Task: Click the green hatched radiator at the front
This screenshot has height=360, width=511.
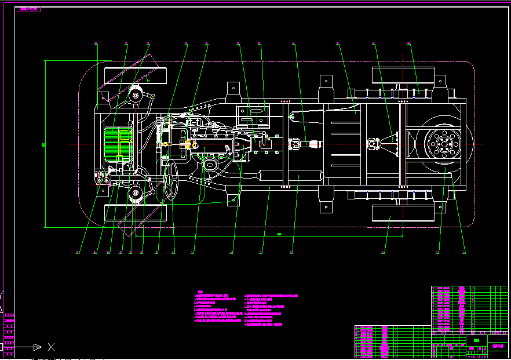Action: tap(118, 144)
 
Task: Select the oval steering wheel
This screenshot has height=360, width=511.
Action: tap(172, 181)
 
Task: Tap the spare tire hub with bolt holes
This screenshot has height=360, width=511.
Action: tap(444, 143)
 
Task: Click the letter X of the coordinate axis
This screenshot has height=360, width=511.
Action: tap(51, 347)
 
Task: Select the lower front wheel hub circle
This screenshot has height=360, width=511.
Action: tap(137, 192)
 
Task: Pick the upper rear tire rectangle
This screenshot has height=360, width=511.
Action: tap(403, 75)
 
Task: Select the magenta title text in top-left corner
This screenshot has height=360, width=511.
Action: tap(28, 10)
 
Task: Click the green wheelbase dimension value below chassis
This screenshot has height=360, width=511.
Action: tap(279, 234)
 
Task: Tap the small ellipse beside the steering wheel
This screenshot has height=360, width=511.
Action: tap(210, 165)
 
